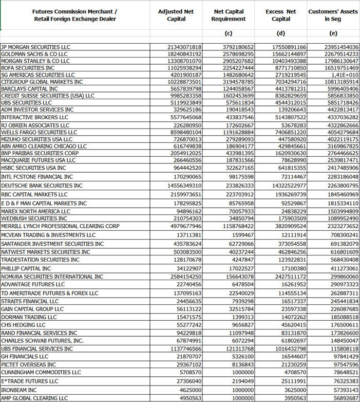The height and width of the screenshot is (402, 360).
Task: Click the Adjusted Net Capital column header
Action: coord(176,15)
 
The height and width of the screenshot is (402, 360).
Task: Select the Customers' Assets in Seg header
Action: coord(333,15)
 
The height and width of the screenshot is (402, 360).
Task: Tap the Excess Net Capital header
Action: coord(281,15)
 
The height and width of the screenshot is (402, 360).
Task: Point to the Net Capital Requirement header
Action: coord(229,15)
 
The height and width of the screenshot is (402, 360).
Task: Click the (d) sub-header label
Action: coord(281,34)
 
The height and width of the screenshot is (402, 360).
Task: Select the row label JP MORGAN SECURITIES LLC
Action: coord(35,47)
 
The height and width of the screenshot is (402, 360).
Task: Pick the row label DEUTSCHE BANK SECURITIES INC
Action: coord(42,186)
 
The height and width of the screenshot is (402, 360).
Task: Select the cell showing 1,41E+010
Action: coord(345,75)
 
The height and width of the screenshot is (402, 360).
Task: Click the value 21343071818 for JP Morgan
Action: coord(184,47)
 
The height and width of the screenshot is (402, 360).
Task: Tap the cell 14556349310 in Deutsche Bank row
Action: coord(184,186)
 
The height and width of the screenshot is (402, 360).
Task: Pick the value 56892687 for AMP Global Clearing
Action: coord(345,398)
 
